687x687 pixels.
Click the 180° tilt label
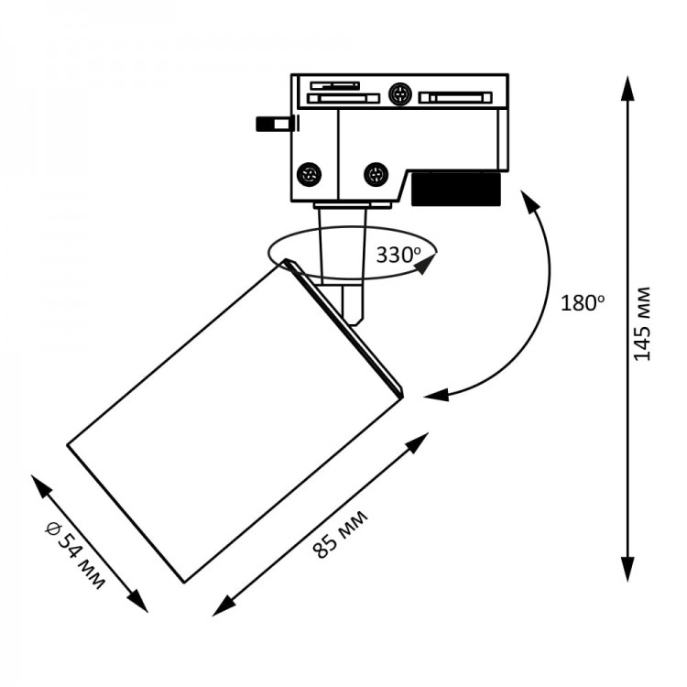coord(583,303)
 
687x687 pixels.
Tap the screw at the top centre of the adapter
coord(398,93)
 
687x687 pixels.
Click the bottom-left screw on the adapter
coord(310,172)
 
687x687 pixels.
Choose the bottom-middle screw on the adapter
coord(374,173)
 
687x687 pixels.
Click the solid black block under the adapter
coord(456,189)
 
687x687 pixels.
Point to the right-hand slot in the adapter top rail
coord(454,97)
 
